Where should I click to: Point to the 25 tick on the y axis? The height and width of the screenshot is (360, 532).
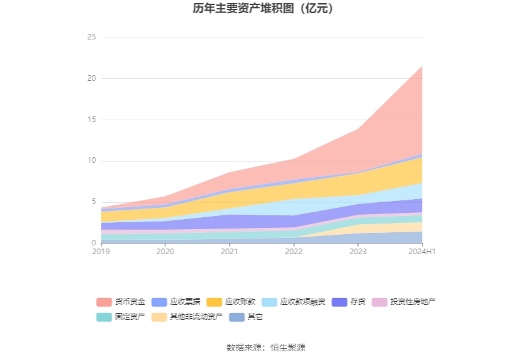[x=91, y=38]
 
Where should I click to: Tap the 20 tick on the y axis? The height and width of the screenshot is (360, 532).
[x=91, y=78]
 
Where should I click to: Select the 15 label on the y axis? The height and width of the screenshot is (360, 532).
[x=91, y=120]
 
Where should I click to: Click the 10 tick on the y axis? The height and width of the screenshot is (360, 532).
[x=91, y=161]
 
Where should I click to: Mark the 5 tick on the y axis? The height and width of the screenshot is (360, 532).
[x=93, y=202]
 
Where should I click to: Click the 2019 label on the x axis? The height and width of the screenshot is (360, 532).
[x=101, y=252]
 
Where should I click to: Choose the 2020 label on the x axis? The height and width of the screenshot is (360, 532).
[x=165, y=252]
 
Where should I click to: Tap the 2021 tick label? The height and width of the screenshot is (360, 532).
[x=230, y=252]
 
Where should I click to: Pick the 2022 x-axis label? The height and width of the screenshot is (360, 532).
[x=294, y=252]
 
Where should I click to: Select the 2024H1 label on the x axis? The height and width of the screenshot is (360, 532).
[x=421, y=252]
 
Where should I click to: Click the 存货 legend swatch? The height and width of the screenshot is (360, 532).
[x=339, y=302]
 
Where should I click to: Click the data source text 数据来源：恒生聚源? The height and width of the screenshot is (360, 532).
[x=266, y=347]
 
